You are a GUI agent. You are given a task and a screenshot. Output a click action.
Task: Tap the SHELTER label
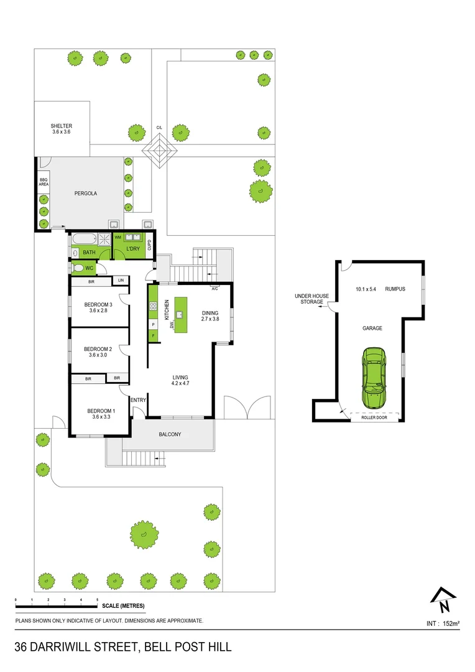[62, 126]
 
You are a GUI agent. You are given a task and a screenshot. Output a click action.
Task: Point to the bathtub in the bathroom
[83, 238]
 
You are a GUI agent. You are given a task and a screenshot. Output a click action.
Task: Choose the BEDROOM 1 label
[101, 411]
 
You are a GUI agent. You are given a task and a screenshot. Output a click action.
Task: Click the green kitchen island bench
[181, 314]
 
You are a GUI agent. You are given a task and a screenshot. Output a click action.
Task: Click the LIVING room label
[180, 378]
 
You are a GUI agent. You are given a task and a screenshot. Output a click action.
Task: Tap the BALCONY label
[170, 434]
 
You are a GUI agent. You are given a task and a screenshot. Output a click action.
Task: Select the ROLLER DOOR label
[374, 418]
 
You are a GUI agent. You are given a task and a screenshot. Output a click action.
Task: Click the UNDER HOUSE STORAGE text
[309, 299]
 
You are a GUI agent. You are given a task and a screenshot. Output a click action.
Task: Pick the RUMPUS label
[395, 289]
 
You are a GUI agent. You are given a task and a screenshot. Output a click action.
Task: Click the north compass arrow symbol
[442, 600]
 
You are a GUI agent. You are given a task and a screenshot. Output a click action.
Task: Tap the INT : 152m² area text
[443, 623]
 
